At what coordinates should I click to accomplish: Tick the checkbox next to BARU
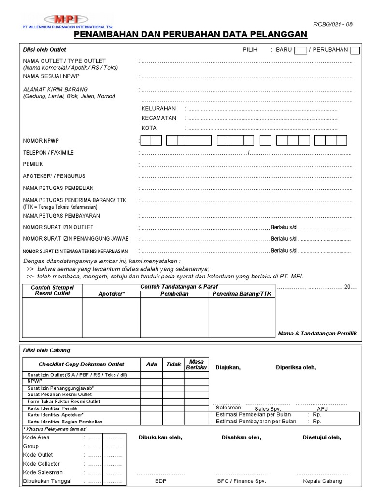[x=300, y=50]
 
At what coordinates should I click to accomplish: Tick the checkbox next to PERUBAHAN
[x=355, y=50]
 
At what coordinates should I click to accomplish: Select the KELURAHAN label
[x=158, y=109]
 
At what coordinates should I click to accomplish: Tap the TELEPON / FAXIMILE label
[x=48, y=153]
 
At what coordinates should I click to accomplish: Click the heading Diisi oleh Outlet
[x=44, y=50]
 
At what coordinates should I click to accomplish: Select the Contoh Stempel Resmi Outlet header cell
[x=54, y=291]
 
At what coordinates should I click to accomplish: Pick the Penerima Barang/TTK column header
[x=242, y=294]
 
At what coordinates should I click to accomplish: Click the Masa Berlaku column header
[x=197, y=364]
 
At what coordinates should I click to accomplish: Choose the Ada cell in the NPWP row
[x=151, y=381]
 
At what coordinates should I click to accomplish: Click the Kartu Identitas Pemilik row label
[x=53, y=408]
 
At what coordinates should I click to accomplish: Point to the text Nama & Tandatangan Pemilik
[x=317, y=334]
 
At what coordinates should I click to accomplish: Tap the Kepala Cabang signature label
[x=322, y=481]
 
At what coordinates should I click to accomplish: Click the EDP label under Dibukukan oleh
[x=160, y=481]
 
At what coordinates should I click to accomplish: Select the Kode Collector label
[x=42, y=464]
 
